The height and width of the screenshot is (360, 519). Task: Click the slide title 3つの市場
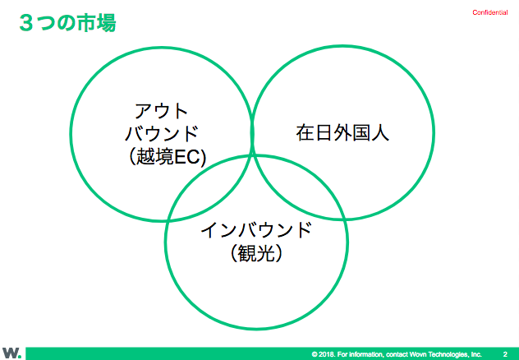67,23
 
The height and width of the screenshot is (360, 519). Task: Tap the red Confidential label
490,12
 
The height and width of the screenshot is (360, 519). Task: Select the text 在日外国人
342,133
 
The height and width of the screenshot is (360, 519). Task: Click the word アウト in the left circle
161,111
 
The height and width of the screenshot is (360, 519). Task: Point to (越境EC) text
166,156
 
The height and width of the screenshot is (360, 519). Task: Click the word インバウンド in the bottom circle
256,230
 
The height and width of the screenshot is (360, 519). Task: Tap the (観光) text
256,253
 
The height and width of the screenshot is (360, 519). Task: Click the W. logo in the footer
12,353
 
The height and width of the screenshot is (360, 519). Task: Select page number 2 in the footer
505,354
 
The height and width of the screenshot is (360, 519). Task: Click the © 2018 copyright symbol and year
323,354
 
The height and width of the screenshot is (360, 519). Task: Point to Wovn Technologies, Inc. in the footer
446,354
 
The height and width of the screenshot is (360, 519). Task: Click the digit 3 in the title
26,23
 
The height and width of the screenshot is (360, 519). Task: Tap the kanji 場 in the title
106,23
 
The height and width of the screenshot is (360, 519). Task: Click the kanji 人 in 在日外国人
380,133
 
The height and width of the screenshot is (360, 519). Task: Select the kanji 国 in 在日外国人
361,133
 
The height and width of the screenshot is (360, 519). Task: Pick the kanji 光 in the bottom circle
265,253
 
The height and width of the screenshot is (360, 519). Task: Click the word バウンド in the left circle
161,133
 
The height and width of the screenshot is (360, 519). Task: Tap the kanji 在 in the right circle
305,133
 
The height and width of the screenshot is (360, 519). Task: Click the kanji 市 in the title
86,23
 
